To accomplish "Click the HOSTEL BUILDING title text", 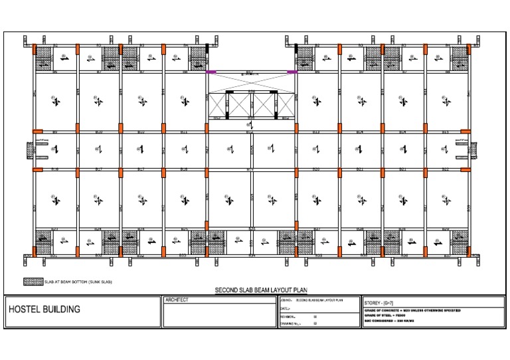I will [x=44, y=309].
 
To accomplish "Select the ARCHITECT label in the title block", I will [x=176, y=300].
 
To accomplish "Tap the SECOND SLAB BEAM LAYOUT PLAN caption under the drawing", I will [x=255, y=290].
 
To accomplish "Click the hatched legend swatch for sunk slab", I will [x=33, y=282].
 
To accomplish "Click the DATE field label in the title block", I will [x=286, y=309].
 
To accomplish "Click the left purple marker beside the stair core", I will [x=211, y=72].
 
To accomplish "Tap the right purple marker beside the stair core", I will [x=292, y=72].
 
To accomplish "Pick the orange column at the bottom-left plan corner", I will [x=35, y=253].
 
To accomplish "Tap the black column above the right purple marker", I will [x=296, y=48].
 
